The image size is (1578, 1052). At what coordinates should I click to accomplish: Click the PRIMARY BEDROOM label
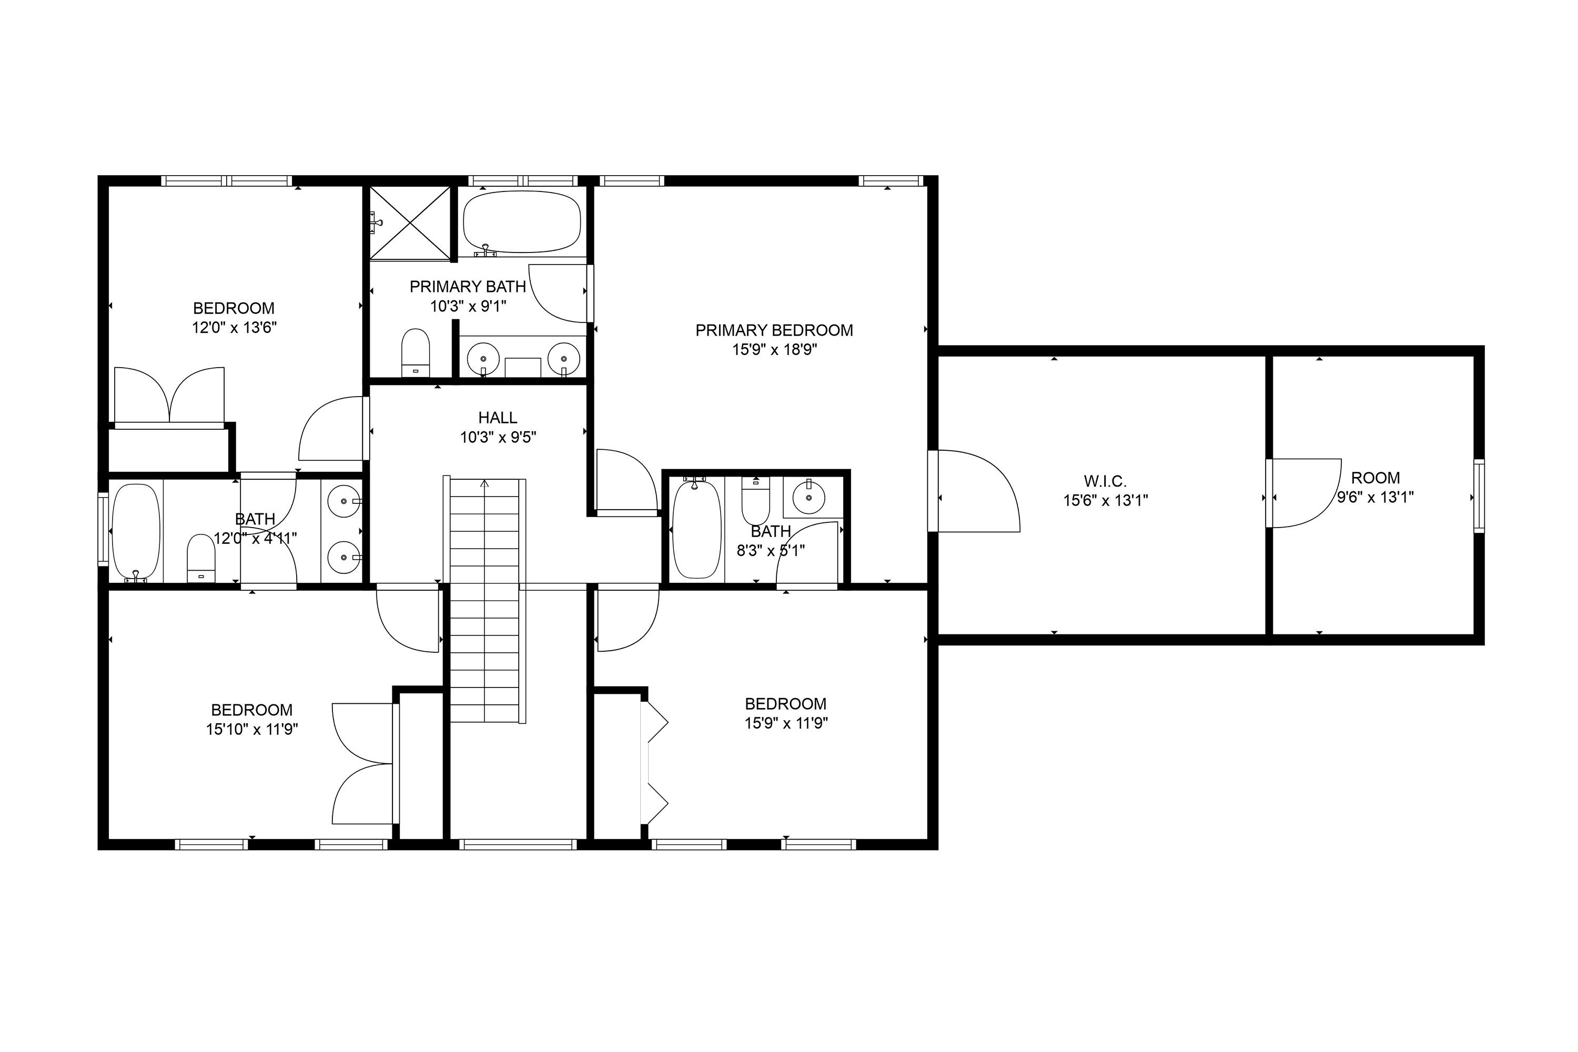click(774, 330)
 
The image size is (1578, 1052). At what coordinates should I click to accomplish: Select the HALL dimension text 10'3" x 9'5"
click(497, 438)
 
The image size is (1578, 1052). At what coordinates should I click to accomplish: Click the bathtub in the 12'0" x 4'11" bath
click(136, 531)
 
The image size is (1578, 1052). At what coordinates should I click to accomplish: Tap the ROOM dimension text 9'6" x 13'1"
click(1375, 497)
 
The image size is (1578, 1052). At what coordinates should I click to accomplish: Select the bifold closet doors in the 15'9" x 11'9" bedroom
click(655, 763)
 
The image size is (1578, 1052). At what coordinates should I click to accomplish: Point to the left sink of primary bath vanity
click(482, 358)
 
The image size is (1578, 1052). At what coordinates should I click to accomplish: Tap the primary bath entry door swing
click(558, 293)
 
